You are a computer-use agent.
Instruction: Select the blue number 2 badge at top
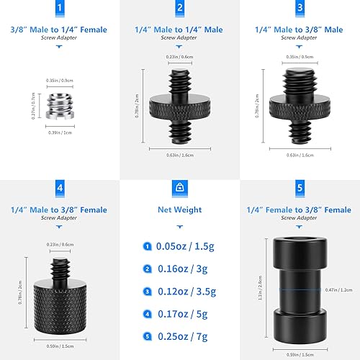179,9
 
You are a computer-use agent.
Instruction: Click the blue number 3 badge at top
300,9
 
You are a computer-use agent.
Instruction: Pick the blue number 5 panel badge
300,189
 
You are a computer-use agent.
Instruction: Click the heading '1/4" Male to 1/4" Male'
179,30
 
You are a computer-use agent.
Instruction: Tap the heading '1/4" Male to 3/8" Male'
300,30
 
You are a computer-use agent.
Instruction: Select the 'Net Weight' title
179,210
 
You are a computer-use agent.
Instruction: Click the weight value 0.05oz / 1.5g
184,246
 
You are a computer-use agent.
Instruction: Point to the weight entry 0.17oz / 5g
184,315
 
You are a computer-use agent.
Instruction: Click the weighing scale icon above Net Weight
179,189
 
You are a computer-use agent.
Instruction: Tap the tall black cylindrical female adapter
300,289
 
